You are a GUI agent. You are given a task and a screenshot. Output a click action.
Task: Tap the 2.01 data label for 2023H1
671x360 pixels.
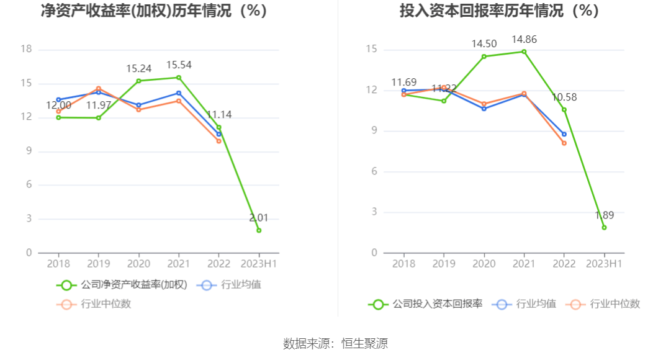(x=258, y=218)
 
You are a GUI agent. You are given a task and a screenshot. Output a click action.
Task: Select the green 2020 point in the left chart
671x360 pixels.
(x=138, y=81)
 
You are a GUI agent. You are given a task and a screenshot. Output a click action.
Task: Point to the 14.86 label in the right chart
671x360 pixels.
(x=524, y=40)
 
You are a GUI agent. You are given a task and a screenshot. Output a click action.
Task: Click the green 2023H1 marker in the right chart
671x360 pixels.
(x=604, y=227)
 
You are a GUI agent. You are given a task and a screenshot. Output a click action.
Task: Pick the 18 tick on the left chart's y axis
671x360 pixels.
(x=26, y=50)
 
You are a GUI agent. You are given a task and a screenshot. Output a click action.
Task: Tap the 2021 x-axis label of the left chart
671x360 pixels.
(x=179, y=263)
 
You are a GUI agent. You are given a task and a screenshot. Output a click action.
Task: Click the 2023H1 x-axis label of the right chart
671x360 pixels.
(x=604, y=263)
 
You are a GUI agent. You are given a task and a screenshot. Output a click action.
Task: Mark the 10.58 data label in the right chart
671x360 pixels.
(x=564, y=97)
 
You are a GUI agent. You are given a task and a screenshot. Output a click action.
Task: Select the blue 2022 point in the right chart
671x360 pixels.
(x=564, y=134)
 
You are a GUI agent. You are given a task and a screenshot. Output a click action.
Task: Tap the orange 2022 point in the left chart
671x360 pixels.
(x=218, y=141)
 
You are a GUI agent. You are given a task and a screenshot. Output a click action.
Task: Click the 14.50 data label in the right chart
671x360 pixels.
(x=484, y=44)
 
